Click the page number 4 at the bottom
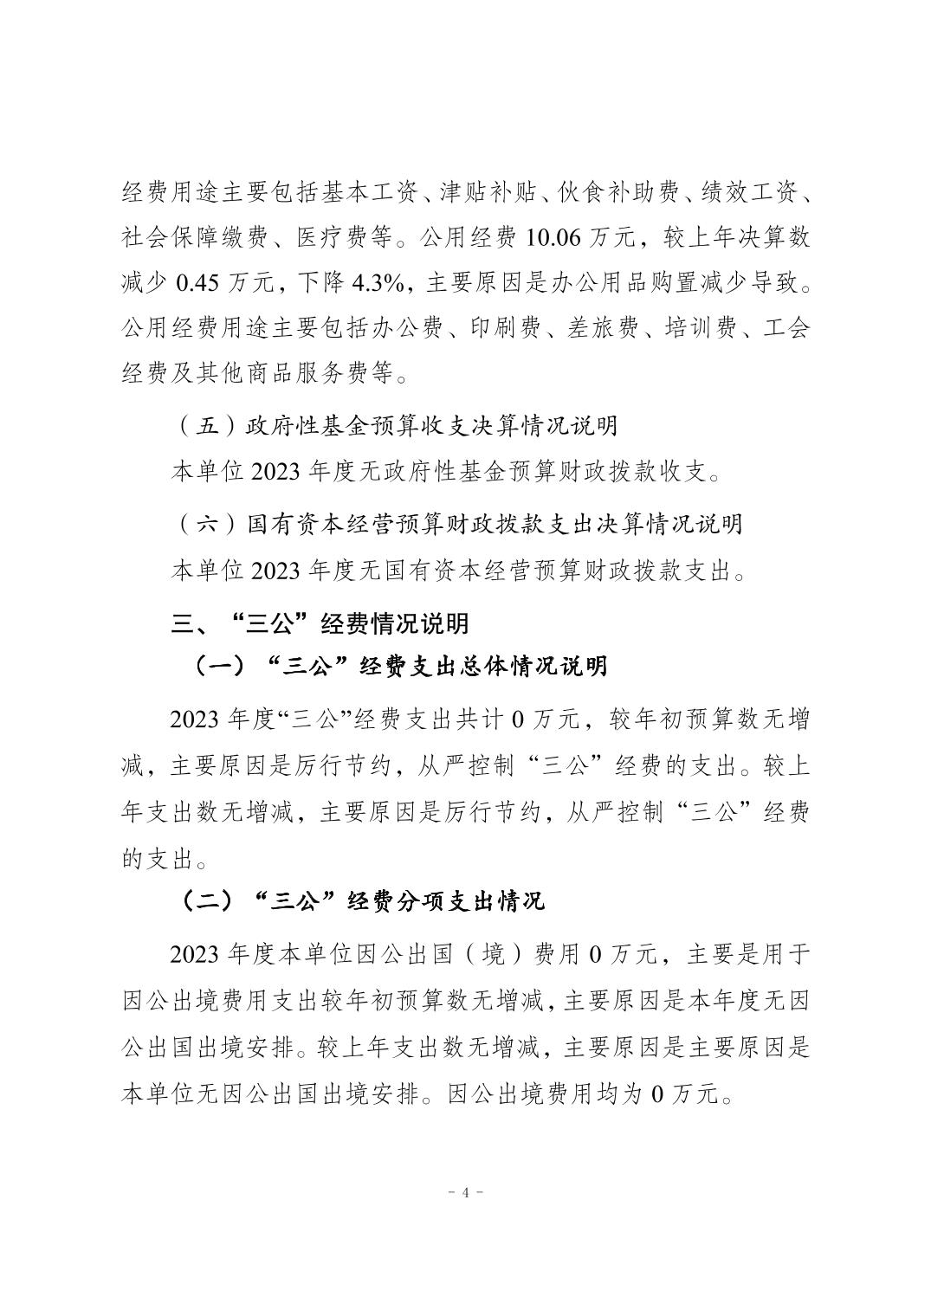[465, 1192]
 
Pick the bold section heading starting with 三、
[320, 623]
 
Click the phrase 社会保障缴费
[196, 236]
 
